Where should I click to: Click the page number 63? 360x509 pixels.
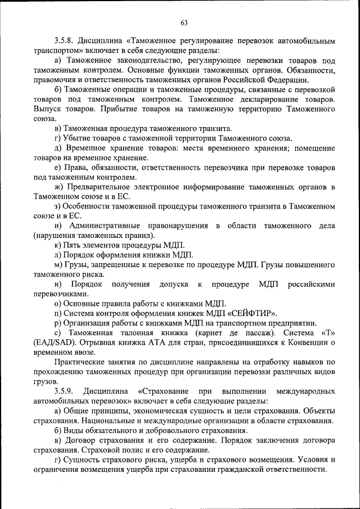[184, 22]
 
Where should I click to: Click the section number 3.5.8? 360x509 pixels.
[66, 41]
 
